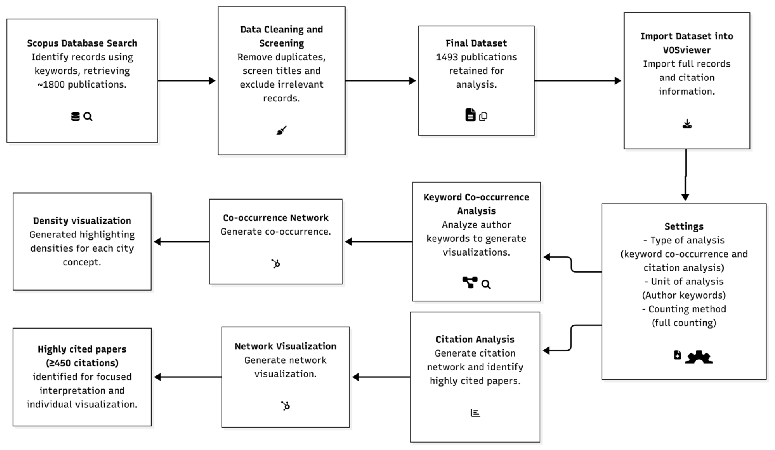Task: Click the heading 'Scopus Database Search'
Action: point(82,43)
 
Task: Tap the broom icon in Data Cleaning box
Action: point(281,130)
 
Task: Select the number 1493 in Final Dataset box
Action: point(447,57)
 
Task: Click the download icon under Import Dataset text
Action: point(687,124)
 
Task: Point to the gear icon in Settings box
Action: point(699,357)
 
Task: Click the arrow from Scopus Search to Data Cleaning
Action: point(186,81)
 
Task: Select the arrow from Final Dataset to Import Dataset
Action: point(578,81)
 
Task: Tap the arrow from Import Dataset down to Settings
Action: point(686,175)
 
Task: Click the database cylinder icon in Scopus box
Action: point(75,116)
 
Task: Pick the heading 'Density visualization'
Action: point(82,220)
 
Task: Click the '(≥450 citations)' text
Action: point(82,363)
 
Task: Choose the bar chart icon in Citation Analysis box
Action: point(475,413)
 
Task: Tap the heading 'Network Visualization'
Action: point(286,346)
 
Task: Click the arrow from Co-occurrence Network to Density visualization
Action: point(182,242)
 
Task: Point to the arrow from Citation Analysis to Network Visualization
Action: point(381,377)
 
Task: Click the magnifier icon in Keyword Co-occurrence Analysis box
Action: point(486,284)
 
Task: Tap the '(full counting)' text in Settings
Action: point(684,323)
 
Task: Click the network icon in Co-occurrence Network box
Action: point(276,263)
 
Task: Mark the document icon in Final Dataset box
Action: point(470,115)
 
